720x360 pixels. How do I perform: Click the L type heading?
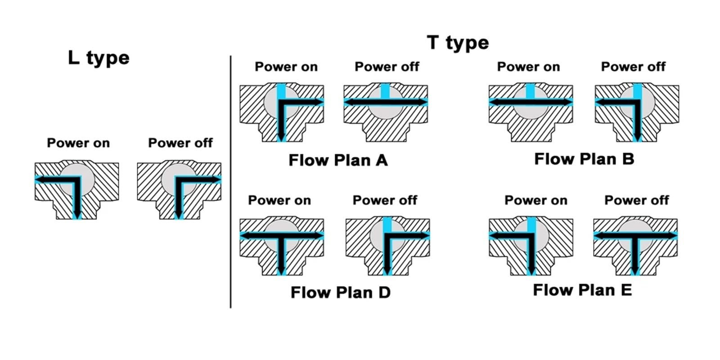(99, 58)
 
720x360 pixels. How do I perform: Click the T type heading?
(458, 43)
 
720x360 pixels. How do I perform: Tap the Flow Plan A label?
(338, 160)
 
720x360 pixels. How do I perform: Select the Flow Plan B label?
(584, 159)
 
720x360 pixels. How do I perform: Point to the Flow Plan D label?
(340, 292)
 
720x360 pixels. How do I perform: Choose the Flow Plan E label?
(582, 290)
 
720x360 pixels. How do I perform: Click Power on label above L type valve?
(78, 143)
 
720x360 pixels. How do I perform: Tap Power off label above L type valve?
(180, 143)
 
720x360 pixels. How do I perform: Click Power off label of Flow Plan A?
(387, 67)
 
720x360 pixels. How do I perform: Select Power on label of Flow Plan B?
(528, 67)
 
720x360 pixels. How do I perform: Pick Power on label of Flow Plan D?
(279, 200)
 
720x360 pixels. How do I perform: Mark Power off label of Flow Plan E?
(636, 200)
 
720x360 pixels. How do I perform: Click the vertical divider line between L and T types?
(230, 182)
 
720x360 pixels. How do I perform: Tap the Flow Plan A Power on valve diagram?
(282, 112)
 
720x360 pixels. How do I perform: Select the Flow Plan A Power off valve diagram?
(386, 112)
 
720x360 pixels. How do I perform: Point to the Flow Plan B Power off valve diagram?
(637, 112)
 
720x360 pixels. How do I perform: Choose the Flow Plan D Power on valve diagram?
(282, 246)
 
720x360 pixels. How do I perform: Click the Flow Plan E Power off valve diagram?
(635, 246)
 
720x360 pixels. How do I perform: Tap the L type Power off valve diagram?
(179, 190)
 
